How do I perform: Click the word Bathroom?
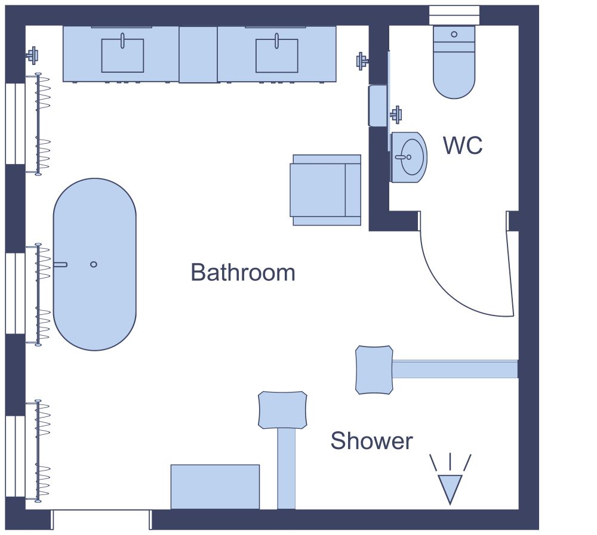click(243, 273)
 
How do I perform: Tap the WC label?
click(463, 146)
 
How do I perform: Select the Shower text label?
click(371, 441)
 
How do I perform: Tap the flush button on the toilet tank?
click(454, 35)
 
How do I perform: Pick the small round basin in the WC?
click(412, 157)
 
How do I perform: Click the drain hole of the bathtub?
click(94, 264)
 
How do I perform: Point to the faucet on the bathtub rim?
click(60, 264)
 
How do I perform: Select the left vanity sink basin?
click(122, 55)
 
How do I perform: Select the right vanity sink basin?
click(277, 55)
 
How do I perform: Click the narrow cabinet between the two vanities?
click(198, 54)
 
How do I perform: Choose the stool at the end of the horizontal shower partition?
click(374, 369)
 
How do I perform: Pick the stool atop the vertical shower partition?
click(283, 410)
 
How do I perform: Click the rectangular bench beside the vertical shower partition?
click(215, 487)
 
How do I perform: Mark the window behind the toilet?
click(454, 15)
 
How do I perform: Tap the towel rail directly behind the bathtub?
click(39, 295)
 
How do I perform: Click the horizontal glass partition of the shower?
click(454, 369)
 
